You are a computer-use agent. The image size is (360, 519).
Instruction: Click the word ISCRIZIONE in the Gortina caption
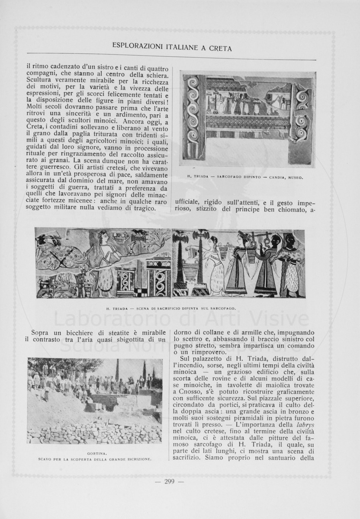pyautogui.click(x=138, y=459)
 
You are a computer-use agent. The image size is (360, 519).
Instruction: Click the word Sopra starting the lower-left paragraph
pyautogui.click(x=42, y=332)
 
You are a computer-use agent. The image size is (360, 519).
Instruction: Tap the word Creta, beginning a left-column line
pyautogui.click(x=36, y=125)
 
